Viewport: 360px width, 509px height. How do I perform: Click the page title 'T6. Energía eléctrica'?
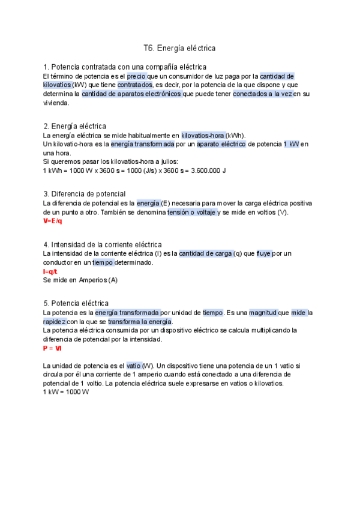click(x=179, y=47)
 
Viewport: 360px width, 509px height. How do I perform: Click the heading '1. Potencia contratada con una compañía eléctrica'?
click(x=125, y=67)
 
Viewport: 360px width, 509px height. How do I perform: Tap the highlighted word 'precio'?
click(x=137, y=76)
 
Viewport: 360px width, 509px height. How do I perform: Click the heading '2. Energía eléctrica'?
click(x=75, y=126)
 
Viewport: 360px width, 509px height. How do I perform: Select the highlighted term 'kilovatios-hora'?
click(x=203, y=136)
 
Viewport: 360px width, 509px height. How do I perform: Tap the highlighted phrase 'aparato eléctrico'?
click(x=217, y=145)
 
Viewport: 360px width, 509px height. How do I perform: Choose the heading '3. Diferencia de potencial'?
click(x=85, y=194)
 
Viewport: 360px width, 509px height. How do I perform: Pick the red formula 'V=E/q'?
click(x=53, y=221)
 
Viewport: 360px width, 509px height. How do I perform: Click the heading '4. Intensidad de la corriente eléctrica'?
click(x=103, y=244)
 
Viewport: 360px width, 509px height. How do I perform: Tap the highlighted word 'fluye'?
click(x=264, y=254)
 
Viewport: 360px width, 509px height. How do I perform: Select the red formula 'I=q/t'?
click(x=50, y=271)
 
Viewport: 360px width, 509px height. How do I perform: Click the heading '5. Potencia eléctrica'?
click(x=76, y=303)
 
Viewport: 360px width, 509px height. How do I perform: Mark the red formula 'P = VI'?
click(x=52, y=348)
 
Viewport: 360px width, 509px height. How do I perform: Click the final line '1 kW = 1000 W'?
click(x=66, y=392)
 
